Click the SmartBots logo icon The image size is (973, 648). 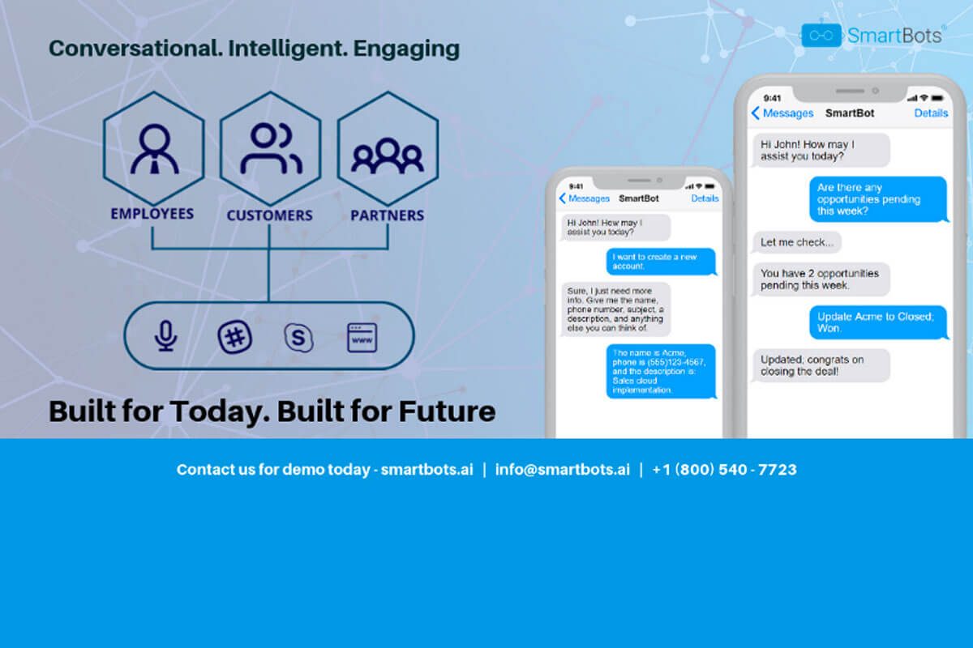click(x=821, y=35)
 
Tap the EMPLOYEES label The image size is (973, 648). click(x=152, y=215)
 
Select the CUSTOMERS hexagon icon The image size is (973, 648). click(x=270, y=147)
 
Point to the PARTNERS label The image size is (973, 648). click(x=387, y=216)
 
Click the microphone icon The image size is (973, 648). click(x=166, y=336)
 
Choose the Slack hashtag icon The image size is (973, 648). click(x=235, y=337)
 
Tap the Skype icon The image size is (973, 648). click(x=298, y=337)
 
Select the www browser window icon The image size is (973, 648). click(x=362, y=337)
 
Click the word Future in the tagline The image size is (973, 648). click(x=447, y=411)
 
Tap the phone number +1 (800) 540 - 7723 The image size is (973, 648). click(x=724, y=470)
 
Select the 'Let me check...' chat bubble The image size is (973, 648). click(x=796, y=242)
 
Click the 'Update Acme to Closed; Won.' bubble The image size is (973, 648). click(x=878, y=322)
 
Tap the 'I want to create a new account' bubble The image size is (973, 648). click(x=662, y=262)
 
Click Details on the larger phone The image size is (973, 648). click(x=931, y=113)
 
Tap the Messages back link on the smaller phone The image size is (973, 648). click(x=585, y=198)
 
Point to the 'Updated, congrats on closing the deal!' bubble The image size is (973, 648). click(x=820, y=365)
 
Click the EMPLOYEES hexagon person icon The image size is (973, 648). click(x=153, y=147)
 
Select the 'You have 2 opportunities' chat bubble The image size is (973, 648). click(x=820, y=279)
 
